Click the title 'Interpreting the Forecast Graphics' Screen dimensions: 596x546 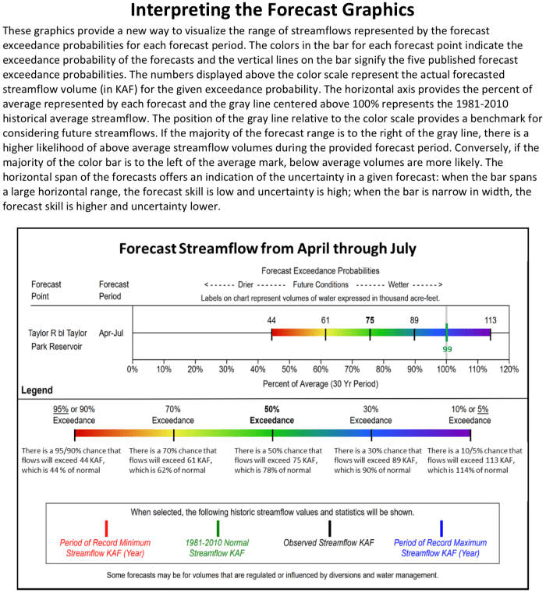point(272,11)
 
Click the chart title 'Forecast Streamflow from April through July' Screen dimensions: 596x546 point(268,249)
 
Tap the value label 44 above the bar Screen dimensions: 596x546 point(271,320)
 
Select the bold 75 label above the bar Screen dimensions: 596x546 point(370,320)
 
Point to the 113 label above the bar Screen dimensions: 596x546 point(490,320)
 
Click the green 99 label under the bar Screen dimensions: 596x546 point(448,350)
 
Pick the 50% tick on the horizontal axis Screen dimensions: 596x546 point(289,369)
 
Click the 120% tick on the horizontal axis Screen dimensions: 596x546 point(509,369)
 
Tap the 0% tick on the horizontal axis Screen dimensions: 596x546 point(133,369)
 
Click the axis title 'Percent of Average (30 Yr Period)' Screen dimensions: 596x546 point(320,383)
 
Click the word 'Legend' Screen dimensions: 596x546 point(36,390)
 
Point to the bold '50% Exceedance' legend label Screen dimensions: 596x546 point(272,414)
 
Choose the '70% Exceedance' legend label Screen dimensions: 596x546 point(173,414)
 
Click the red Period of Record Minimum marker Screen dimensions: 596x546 point(106,527)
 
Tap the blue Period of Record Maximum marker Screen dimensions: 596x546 point(441,527)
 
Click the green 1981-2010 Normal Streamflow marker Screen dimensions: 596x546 point(218,527)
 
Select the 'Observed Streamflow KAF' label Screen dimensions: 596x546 point(329,542)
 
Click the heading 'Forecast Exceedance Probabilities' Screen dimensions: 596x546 point(321,271)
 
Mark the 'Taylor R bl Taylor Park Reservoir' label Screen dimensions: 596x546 point(58,339)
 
